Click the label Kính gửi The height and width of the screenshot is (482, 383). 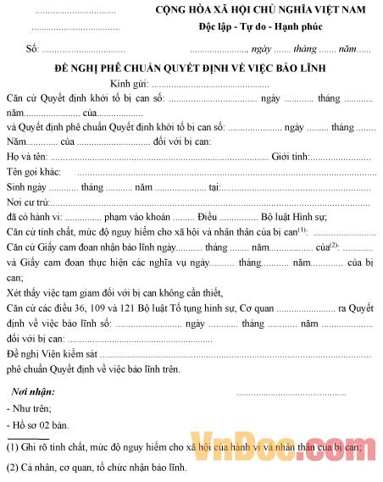coord(128,85)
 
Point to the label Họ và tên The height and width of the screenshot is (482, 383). coord(27,157)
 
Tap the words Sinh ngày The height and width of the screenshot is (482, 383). coord(25,186)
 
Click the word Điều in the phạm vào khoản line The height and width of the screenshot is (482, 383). coord(231,217)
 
